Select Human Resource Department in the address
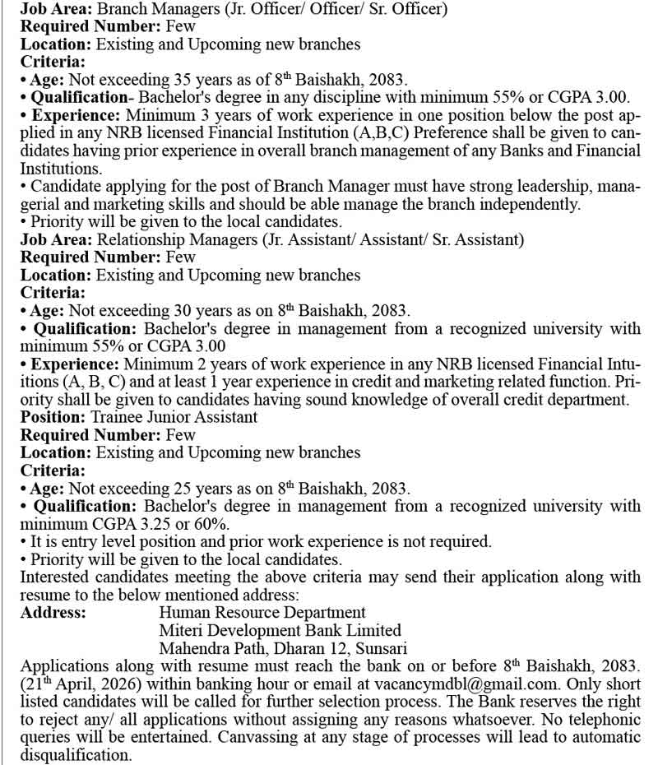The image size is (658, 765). point(262,613)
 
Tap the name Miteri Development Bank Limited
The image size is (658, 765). point(280,630)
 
